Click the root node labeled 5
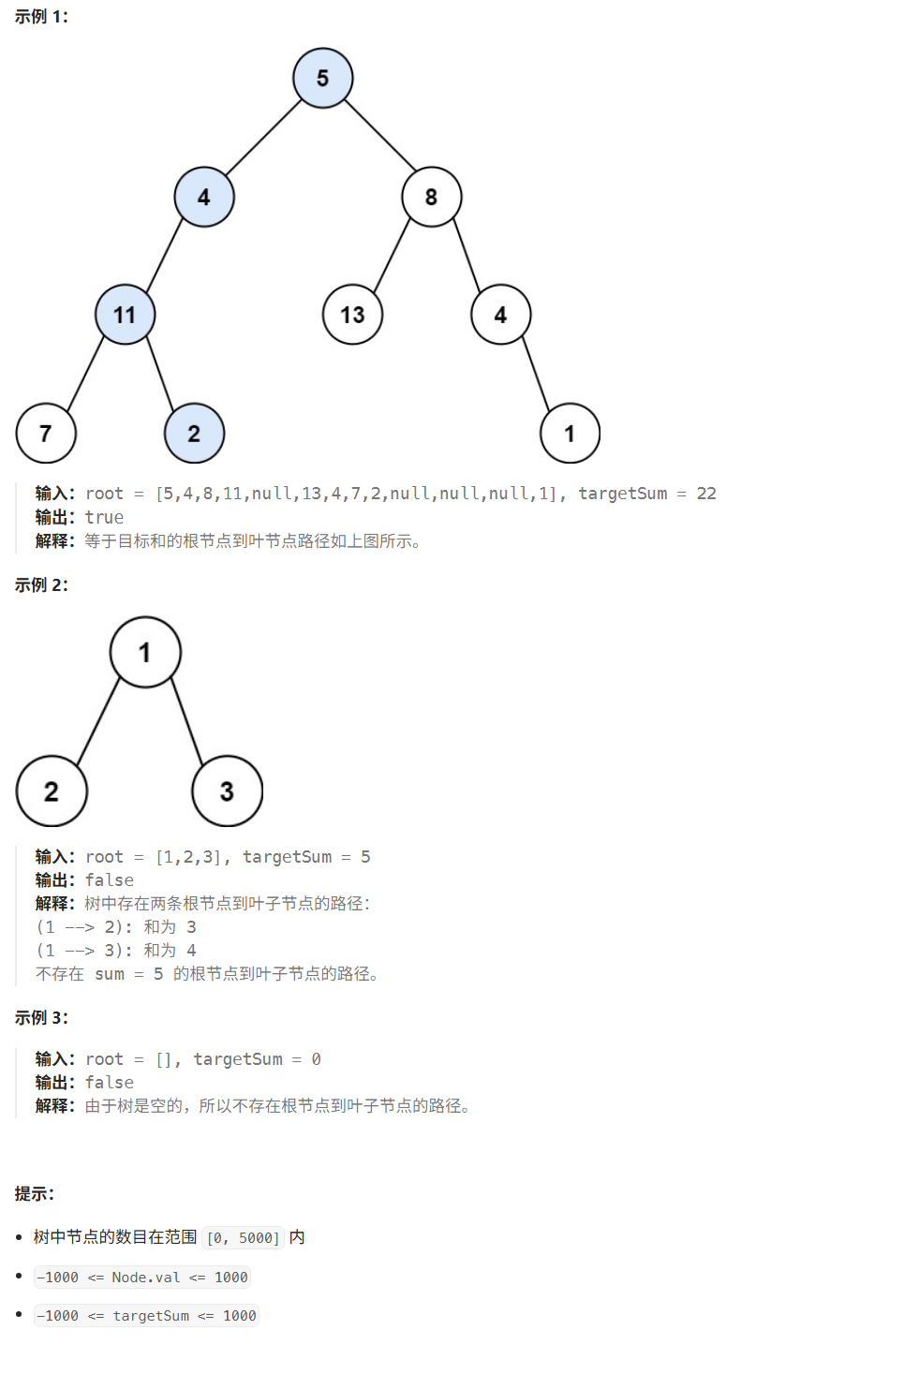click(x=322, y=78)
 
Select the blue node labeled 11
click(x=125, y=315)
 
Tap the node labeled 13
click(x=352, y=315)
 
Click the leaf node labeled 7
click(x=46, y=433)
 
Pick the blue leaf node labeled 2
click(x=194, y=433)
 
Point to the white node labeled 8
click(x=431, y=197)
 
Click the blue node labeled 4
click(x=203, y=197)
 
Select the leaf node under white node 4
click(x=570, y=433)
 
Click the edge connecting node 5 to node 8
click(x=379, y=135)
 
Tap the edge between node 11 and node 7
click(x=85, y=374)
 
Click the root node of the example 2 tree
click(x=145, y=652)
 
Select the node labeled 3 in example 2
click(x=227, y=791)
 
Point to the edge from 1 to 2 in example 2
click(x=98, y=722)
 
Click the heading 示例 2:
click(x=41, y=585)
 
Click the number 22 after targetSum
click(x=706, y=494)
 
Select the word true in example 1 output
click(x=104, y=517)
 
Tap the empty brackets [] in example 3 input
click(x=165, y=1059)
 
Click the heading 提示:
click(x=35, y=1194)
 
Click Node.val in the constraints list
click(x=145, y=1278)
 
